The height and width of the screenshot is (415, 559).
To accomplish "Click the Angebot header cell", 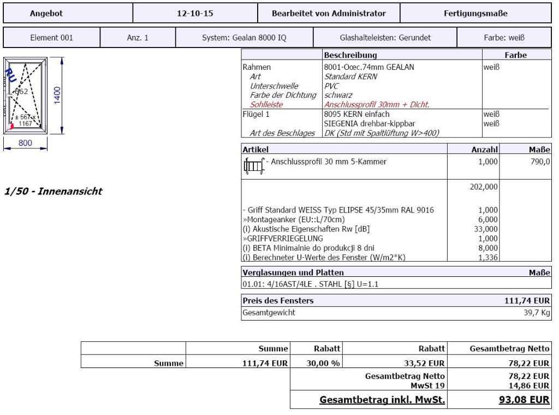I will pos(46,13).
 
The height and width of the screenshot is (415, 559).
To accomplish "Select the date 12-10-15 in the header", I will pos(195,13).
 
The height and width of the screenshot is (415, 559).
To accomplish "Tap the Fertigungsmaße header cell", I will pos(475,13).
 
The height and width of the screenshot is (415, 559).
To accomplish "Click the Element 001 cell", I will pos(52,38).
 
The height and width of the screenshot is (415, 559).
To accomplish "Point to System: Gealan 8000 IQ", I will pos(244,38).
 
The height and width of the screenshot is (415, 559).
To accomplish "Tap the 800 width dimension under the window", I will pos(26,143).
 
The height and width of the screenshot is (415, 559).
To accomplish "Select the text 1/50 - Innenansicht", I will pos(53,192).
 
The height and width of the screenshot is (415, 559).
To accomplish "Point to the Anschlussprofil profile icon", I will pos(253,165).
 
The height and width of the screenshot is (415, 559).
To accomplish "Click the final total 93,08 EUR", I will pos(524,399).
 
